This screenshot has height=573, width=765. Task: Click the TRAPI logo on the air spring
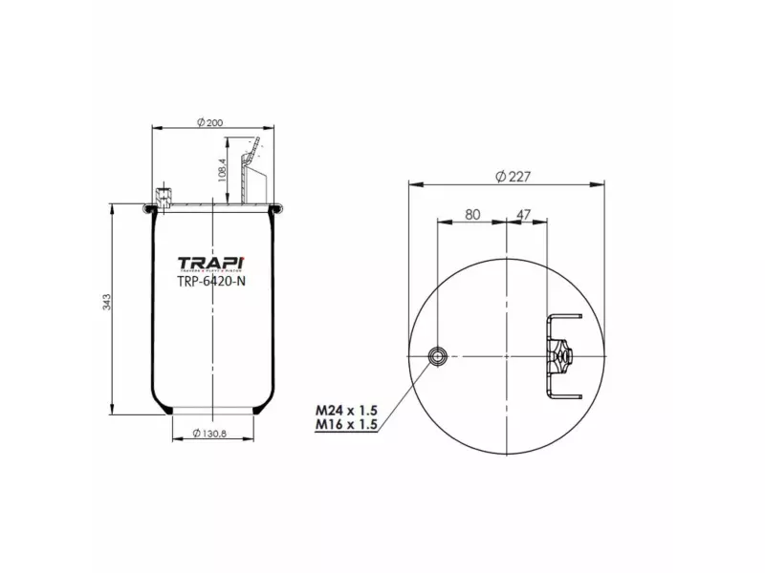[211, 264]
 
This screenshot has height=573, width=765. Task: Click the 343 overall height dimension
[107, 303]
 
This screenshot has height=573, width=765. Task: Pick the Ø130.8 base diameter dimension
[213, 434]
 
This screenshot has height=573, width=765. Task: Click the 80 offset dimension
[471, 215]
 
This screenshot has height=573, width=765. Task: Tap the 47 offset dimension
[524, 215]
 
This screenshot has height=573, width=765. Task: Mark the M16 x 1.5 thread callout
[345, 425]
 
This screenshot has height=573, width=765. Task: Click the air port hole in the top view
[437, 357]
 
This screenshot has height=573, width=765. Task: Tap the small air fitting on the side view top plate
[164, 197]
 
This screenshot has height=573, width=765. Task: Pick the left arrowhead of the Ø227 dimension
[412, 183]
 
